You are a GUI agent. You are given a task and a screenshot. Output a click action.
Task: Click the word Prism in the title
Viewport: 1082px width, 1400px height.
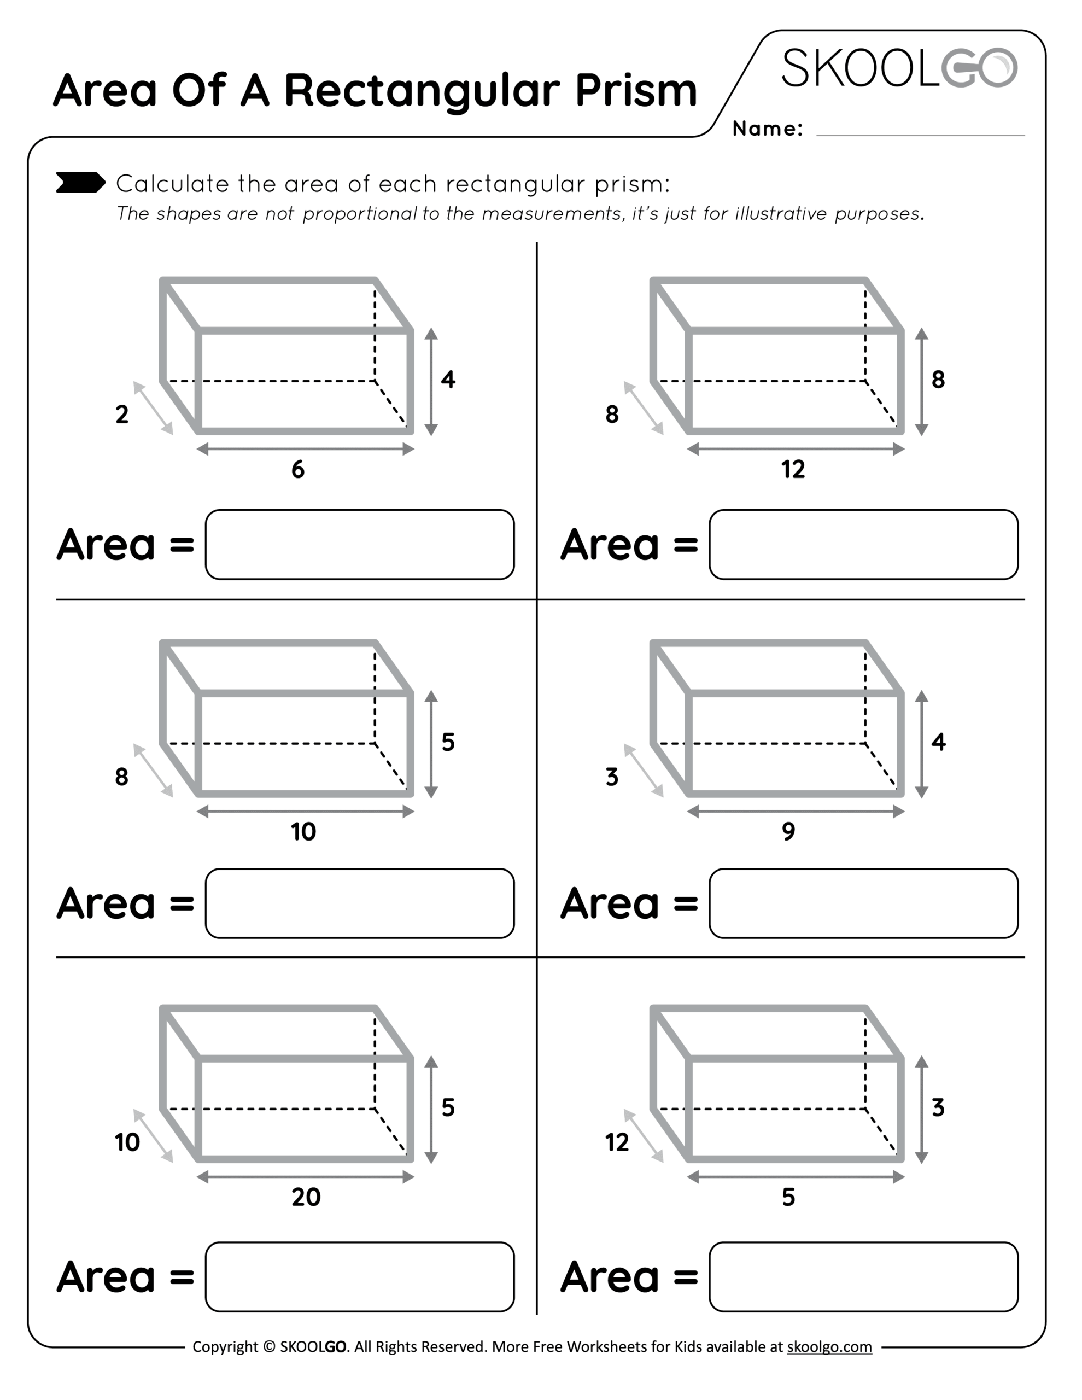[x=635, y=90]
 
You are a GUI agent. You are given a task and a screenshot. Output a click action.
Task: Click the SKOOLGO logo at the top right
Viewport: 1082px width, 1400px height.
[x=899, y=68]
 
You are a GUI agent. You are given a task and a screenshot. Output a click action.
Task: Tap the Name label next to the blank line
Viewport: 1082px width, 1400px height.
[x=767, y=129]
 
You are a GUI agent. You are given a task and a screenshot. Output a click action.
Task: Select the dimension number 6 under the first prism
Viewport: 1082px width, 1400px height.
[x=298, y=470]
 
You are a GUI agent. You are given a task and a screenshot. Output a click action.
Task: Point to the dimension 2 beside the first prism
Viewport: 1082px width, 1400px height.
[x=122, y=415]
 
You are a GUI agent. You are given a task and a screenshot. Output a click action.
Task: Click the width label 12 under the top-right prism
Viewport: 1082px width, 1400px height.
[x=793, y=470]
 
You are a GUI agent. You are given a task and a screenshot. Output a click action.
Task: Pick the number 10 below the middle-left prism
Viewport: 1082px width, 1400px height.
[x=303, y=832]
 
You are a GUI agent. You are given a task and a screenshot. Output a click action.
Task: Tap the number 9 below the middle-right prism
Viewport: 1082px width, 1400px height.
[x=788, y=832]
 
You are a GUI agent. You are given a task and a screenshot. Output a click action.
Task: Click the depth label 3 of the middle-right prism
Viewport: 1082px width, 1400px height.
[x=612, y=777]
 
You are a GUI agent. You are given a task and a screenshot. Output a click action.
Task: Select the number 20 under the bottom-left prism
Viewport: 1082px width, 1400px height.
[x=306, y=1197]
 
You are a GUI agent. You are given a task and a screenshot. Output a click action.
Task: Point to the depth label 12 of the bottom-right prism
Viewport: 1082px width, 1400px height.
[x=617, y=1142]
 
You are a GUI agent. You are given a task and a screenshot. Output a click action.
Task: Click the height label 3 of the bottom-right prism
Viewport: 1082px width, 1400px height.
[x=938, y=1107]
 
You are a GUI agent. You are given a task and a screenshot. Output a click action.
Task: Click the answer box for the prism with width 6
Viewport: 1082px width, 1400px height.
[x=360, y=545]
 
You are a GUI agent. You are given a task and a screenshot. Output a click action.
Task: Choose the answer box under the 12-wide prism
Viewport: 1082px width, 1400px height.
[x=863, y=545]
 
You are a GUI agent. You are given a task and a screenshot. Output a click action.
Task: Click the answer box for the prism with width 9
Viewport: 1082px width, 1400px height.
[x=863, y=903]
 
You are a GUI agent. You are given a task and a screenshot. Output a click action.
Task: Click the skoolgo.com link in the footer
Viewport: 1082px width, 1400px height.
[x=829, y=1347]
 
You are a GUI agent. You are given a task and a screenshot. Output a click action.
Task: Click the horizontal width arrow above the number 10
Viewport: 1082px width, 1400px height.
[x=305, y=812]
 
